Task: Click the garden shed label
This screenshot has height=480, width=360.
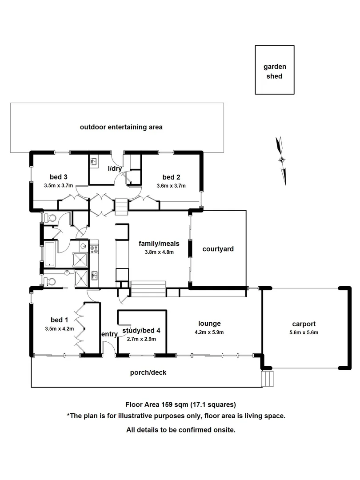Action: (x=275, y=71)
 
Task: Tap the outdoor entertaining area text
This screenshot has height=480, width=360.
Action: (x=121, y=127)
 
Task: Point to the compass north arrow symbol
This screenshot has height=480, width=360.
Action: (x=281, y=160)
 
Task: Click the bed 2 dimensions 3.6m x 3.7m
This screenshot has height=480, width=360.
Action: (x=171, y=186)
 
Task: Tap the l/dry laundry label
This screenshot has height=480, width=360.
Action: (x=115, y=168)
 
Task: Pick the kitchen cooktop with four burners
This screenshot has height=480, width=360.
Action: (x=94, y=249)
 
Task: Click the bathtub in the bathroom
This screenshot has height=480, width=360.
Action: (x=49, y=254)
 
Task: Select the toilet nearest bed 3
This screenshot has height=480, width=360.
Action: (x=49, y=218)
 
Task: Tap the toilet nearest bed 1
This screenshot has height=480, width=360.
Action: (x=49, y=281)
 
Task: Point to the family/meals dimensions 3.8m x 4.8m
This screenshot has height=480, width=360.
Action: (x=159, y=252)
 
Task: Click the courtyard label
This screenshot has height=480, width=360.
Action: (x=218, y=249)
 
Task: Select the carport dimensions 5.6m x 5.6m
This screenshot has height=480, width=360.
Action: (x=304, y=332)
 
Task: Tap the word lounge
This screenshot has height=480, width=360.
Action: (x=209, y=324)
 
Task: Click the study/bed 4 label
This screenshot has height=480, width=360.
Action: (x=142, y=330)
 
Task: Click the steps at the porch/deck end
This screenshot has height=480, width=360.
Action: (x=268, y=379)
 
